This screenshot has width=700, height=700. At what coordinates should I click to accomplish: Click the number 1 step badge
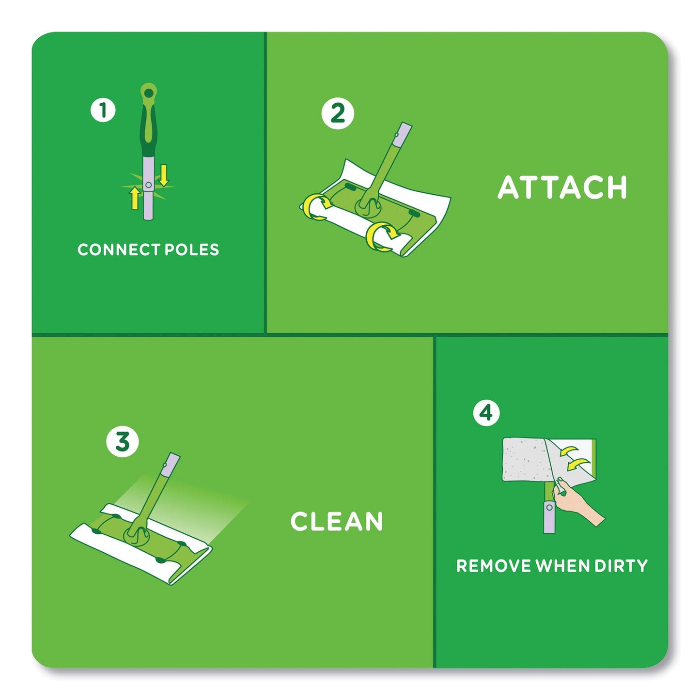coord(103,110)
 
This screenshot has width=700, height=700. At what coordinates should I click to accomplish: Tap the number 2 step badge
coord(338,113)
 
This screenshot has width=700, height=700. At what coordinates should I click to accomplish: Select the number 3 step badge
coord(123,442)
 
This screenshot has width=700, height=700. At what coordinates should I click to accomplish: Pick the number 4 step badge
coord(486,413)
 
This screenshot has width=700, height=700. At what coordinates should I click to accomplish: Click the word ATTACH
coord(562,187)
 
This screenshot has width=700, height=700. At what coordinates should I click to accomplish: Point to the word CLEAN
coord(337,522)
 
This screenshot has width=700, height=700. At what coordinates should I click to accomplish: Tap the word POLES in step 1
coord(192,250)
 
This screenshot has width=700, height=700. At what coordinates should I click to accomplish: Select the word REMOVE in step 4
coord(493,566)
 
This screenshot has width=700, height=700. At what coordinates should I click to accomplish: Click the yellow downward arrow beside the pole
coord(164,175)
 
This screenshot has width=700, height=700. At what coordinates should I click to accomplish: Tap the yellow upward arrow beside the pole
coord(135,198)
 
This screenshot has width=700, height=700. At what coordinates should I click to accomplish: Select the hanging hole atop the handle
coord(148,91)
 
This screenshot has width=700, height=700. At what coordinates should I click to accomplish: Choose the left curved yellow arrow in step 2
coord(315,206)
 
